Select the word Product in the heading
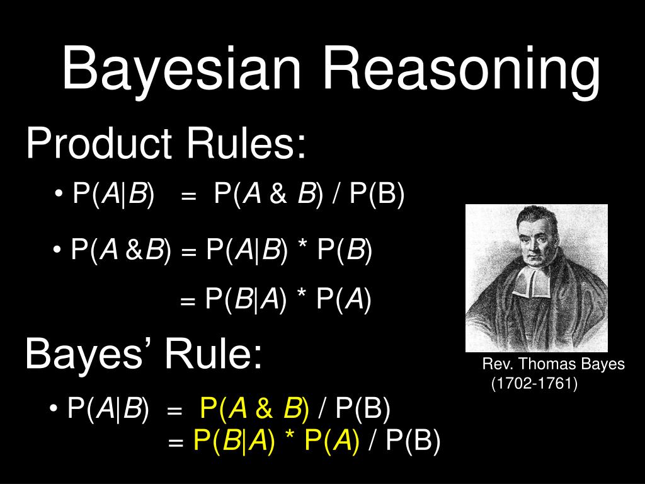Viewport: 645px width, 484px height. (x=99, y=144)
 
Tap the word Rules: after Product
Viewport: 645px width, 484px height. (x=246, y=144)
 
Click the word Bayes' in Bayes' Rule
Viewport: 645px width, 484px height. (x=88, y=354)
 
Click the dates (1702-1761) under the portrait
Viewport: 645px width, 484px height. (x=534, y=383)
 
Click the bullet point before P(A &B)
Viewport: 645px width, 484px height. (x=59, y=251)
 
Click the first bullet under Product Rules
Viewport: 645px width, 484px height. (x=60, y=195)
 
